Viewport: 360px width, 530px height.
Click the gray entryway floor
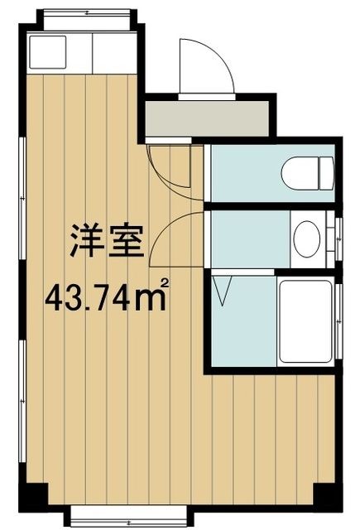tap(208, 119)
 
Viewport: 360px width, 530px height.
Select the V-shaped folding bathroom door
tap(223, 292)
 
